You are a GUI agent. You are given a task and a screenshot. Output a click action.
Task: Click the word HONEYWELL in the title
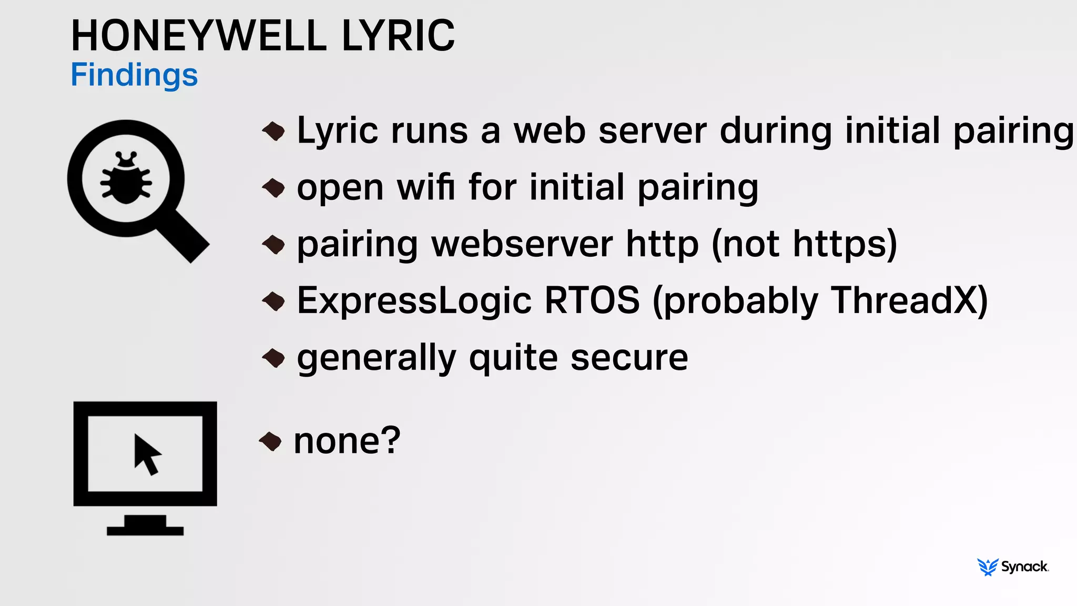point(199,36)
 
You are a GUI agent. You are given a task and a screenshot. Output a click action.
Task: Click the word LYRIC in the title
point(398,36)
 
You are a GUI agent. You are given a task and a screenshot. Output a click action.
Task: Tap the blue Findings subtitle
point(134,75)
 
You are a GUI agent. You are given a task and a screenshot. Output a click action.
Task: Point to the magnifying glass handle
point(184,237)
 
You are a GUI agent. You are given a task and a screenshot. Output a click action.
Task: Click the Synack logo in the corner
point(1013,567)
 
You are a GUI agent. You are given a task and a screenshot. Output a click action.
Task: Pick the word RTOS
point(592,301)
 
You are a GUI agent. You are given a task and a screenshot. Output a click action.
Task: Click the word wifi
point(426,187)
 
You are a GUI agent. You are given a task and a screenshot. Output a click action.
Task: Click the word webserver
point(522,244)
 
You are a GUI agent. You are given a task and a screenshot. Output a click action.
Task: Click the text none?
point(347,441)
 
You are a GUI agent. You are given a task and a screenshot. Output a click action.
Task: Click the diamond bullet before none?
point(271,441)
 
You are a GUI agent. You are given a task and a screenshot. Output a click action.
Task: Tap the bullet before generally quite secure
point(274,358)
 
